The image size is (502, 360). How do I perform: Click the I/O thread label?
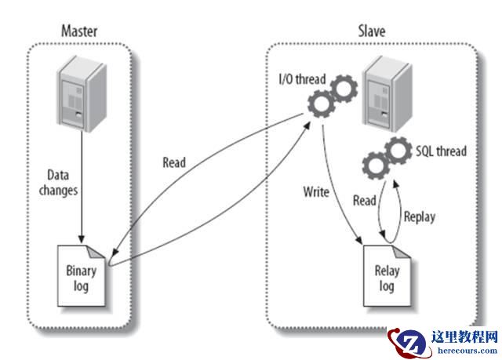pyautogui.click(x=302, y=81)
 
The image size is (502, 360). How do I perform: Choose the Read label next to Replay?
pyautogui.click(x=364, y=201)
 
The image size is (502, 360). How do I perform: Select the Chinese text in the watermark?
pyautogui.click(x=464, y=336)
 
